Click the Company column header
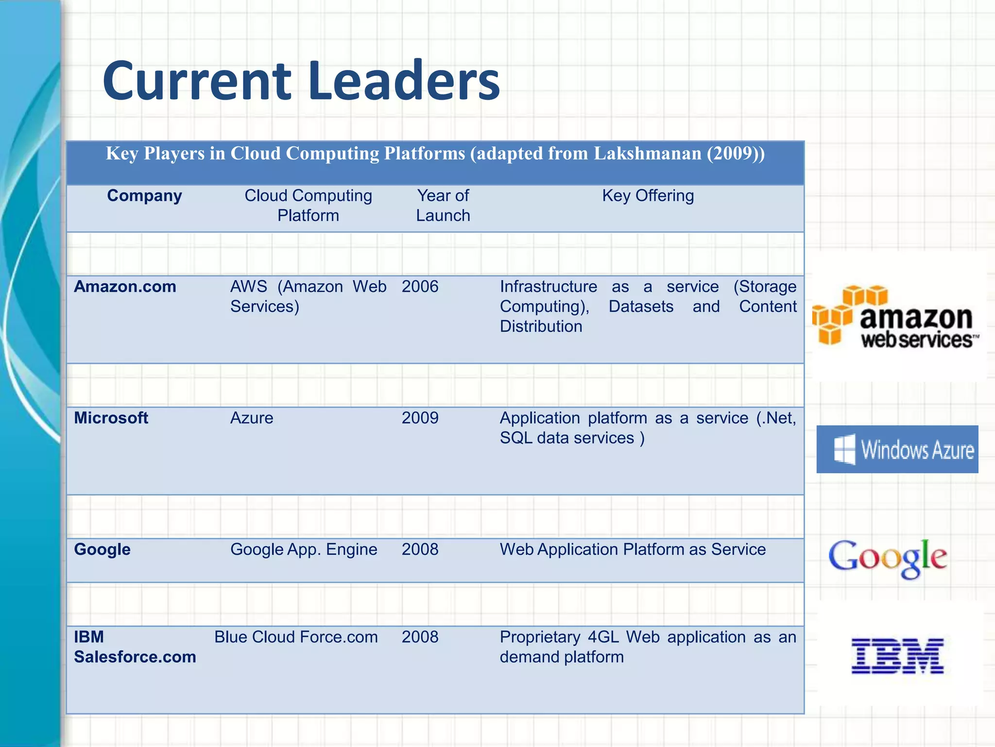(x=144, y=196)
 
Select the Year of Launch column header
(x=443, y=205)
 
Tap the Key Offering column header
(x=648, y=196)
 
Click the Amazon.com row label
(x=125, y=286)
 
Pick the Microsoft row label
(x=111, y=418)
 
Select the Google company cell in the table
(x=102, y=549)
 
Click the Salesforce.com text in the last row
(x=135, y=657)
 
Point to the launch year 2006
(x=420, y=286)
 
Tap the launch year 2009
(x=420, y=418)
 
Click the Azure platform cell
(x=252, y=418)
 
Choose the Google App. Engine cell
(x=304, y=549)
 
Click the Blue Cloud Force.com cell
(x=296, y=637)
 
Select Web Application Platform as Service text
(x=633, y=549)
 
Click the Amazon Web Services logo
(x=895, y=317)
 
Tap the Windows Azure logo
(x=897, y=449)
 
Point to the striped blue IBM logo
(x=897, y=656)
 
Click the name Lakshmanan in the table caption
(x=648, y=153)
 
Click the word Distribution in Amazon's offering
(x=541, y=326)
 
